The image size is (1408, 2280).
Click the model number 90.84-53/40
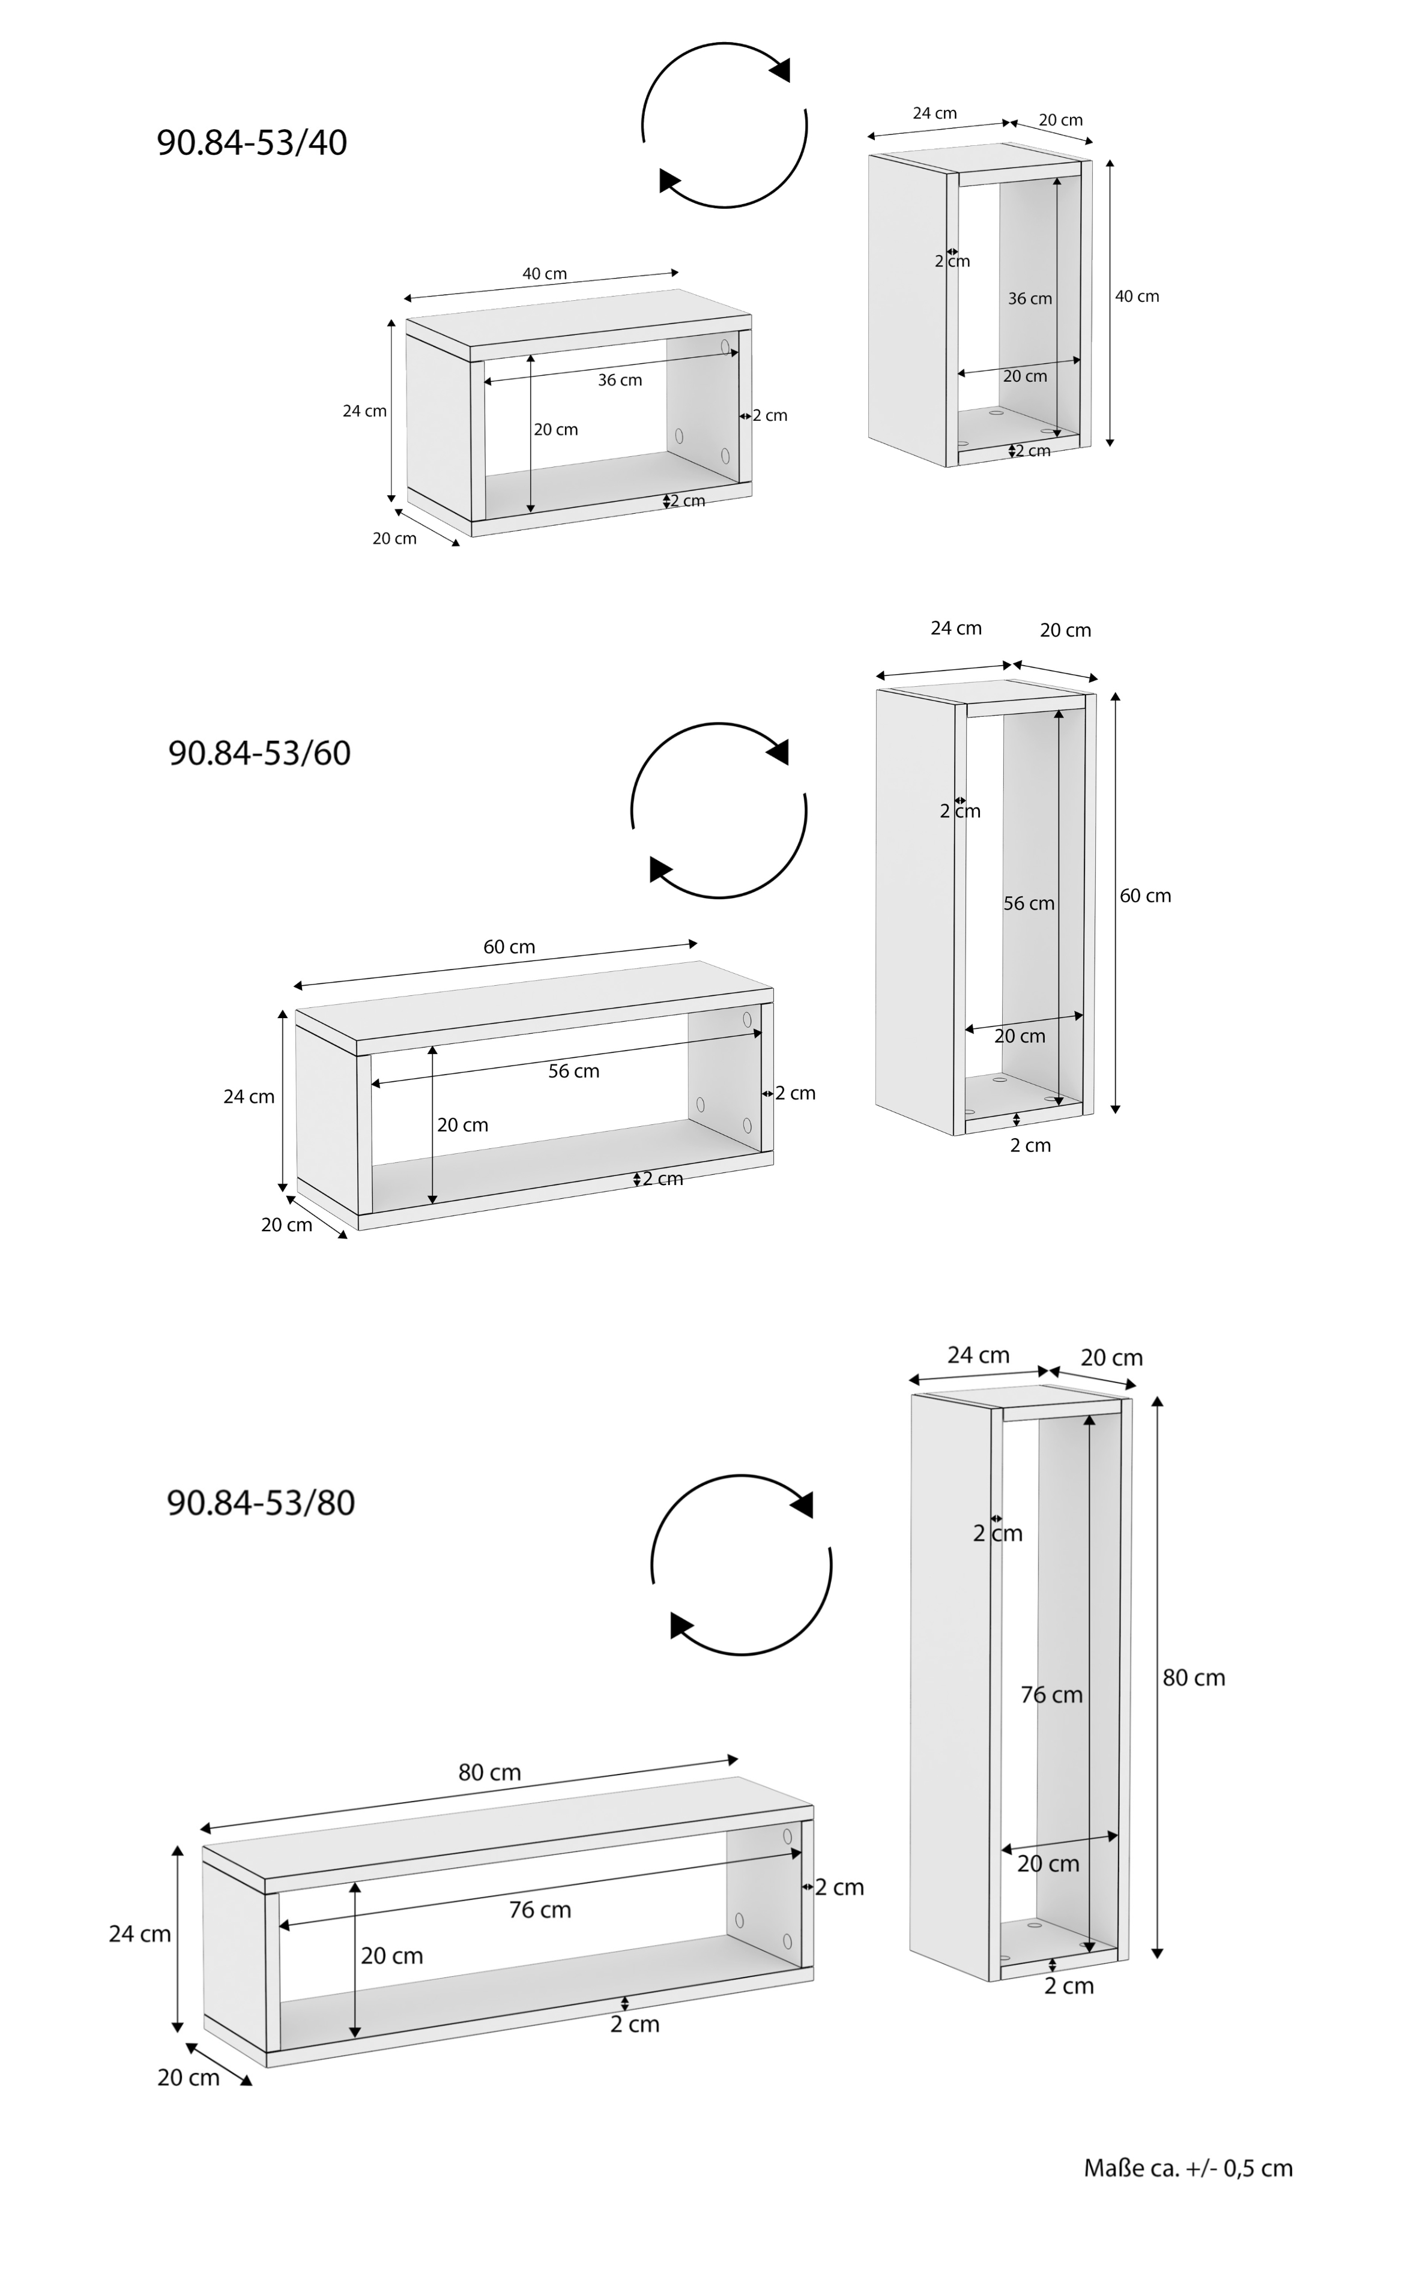pyautogui.click(x=252, y=142)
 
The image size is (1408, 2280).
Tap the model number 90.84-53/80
pyautogui.click(x=261, y=1503)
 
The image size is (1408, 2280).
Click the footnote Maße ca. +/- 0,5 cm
pyautogui.click(x=1188, y=2168)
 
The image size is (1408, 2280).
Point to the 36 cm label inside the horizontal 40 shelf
pyautogui.click(x=620, y=380)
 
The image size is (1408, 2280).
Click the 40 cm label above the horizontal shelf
pyautogui.click(x=545, y=274)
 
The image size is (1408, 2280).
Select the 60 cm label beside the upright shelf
pyautogui.click(x=1146, y=896)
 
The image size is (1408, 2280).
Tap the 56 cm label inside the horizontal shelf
pyautogui.click(x=573, y=1070)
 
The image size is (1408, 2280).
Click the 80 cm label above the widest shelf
pyautogui.click(x=490, y=1773)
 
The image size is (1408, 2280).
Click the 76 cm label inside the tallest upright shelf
pyautogui.click(x=1051, y=1695)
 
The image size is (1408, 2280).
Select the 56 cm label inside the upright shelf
pyautogui.click(x=1029, y=903)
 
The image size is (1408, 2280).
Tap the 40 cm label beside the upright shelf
pyautogui.click(x=1137, y=296)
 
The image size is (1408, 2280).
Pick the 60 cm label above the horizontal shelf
pyautogui.click(x=509, y=947)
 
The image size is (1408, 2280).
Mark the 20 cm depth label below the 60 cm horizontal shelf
pyautogui.click(x=287, y=1224)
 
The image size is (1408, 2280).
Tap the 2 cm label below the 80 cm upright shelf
pyautogui.click(x=1069, y=1986)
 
